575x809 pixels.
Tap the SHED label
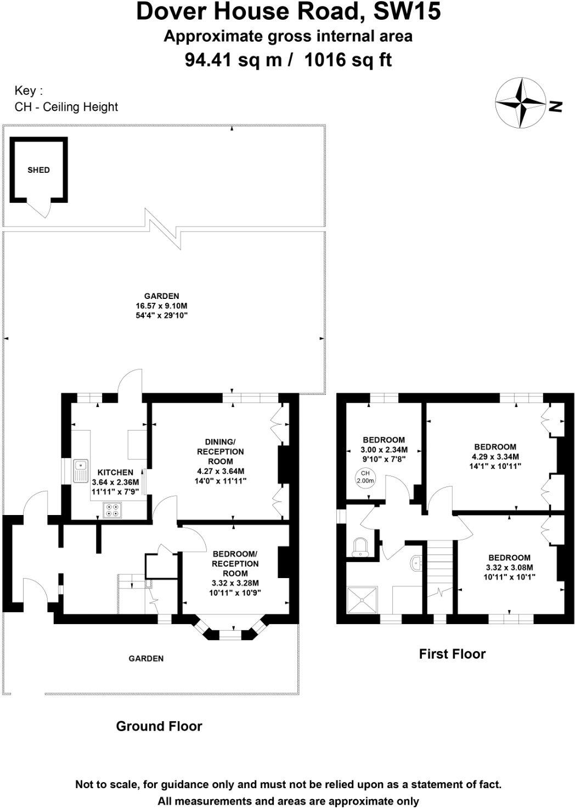(x=38, y=170)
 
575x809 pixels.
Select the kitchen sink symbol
(x=81, y=471)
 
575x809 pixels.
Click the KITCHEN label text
(x=115, y=472)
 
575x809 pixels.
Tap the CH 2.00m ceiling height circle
(x=365, y=477)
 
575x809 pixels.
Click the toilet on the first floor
(x=360, y=546)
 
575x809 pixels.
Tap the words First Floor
(x=452, y=654)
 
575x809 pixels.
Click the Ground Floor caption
(x=159, y=726)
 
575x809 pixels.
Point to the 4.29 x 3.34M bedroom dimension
(x=495, y=456)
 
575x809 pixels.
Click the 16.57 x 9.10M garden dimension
(x=161, y=306)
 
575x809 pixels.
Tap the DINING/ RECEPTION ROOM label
(x=221, y=451)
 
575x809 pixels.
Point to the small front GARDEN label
(x=146, y=658)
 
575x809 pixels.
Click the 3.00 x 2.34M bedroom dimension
(x=384, y=449)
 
